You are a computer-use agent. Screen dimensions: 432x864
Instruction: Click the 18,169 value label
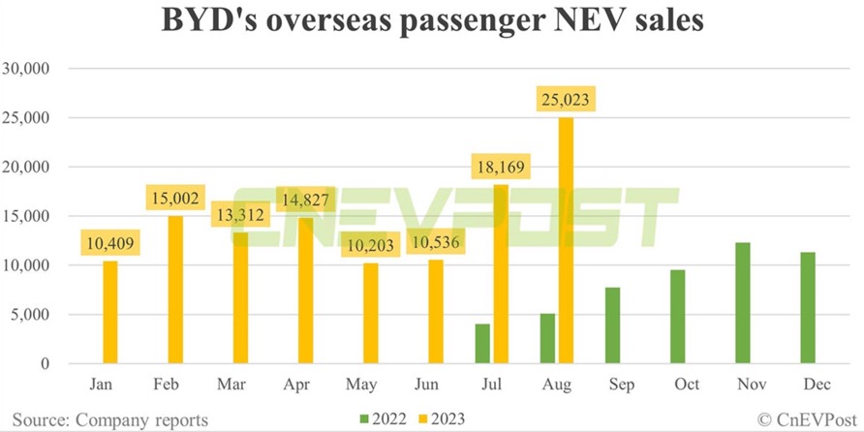(x=498, y=167)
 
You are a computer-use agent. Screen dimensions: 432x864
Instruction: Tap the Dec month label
(x=809, y=384)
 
